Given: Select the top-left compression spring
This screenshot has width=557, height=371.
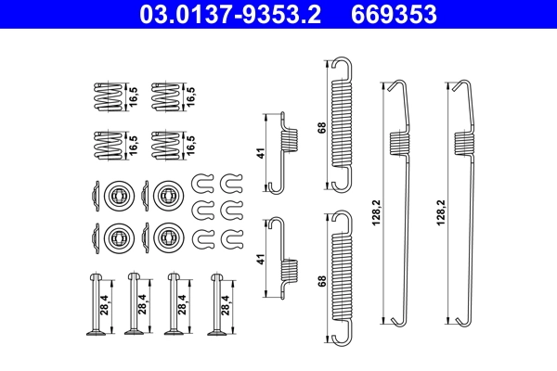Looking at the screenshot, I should click(x=110, y=95).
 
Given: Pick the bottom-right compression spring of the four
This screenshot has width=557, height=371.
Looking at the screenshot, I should click(x=164, y=145).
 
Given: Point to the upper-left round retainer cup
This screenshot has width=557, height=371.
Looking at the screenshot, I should click(x=118, y=195).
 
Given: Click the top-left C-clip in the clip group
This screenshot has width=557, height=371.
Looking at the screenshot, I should click(x=203, y=180).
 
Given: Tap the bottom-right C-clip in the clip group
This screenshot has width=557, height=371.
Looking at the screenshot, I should click(x=231, y=240).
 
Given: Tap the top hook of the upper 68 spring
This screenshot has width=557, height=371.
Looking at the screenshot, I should click(x=342, y=66).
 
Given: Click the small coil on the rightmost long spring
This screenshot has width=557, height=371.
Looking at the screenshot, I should click(x=460, y=140).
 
